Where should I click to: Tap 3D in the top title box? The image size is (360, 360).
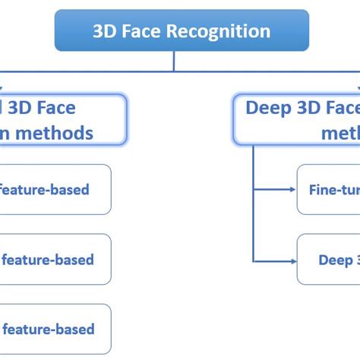click(104, 32)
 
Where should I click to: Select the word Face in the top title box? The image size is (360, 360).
click(149, 32)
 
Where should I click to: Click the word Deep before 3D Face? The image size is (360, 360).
click(267, 108)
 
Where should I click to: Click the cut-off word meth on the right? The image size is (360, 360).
click(341, 133)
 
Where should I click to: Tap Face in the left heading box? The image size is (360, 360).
click(53, 108)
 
